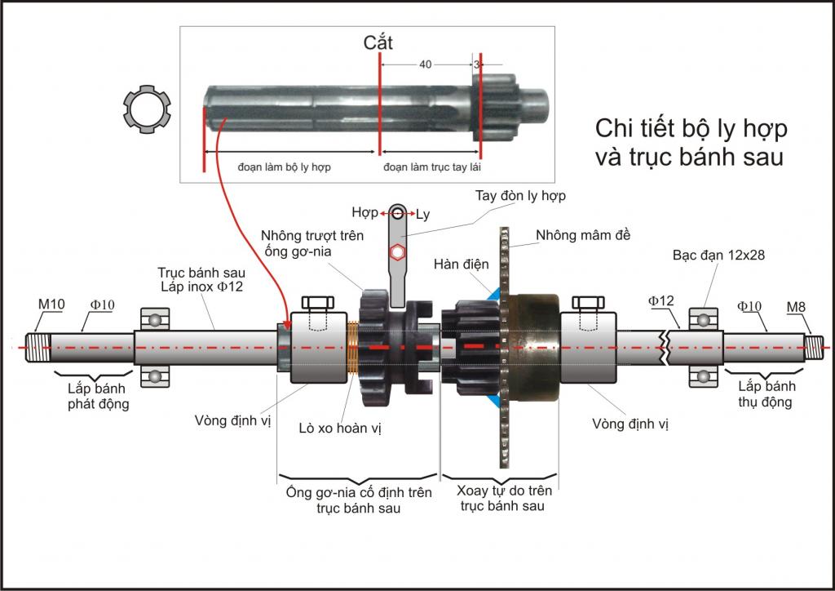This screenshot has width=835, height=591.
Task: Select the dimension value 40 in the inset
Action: pos(425,64)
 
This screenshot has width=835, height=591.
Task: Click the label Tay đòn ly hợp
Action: pos(520,196)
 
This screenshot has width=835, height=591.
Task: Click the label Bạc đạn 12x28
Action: pos(718,255)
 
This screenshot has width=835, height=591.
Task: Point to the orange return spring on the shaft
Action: pos(352,348)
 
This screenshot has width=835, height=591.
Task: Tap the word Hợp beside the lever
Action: pos(364,213)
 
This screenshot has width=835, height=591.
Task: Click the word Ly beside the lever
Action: pos(422,214)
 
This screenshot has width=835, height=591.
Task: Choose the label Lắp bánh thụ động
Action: pos(767,393)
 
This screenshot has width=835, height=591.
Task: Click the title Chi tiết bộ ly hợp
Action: pos(691,129)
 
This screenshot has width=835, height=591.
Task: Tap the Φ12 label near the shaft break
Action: pos(661,301)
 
